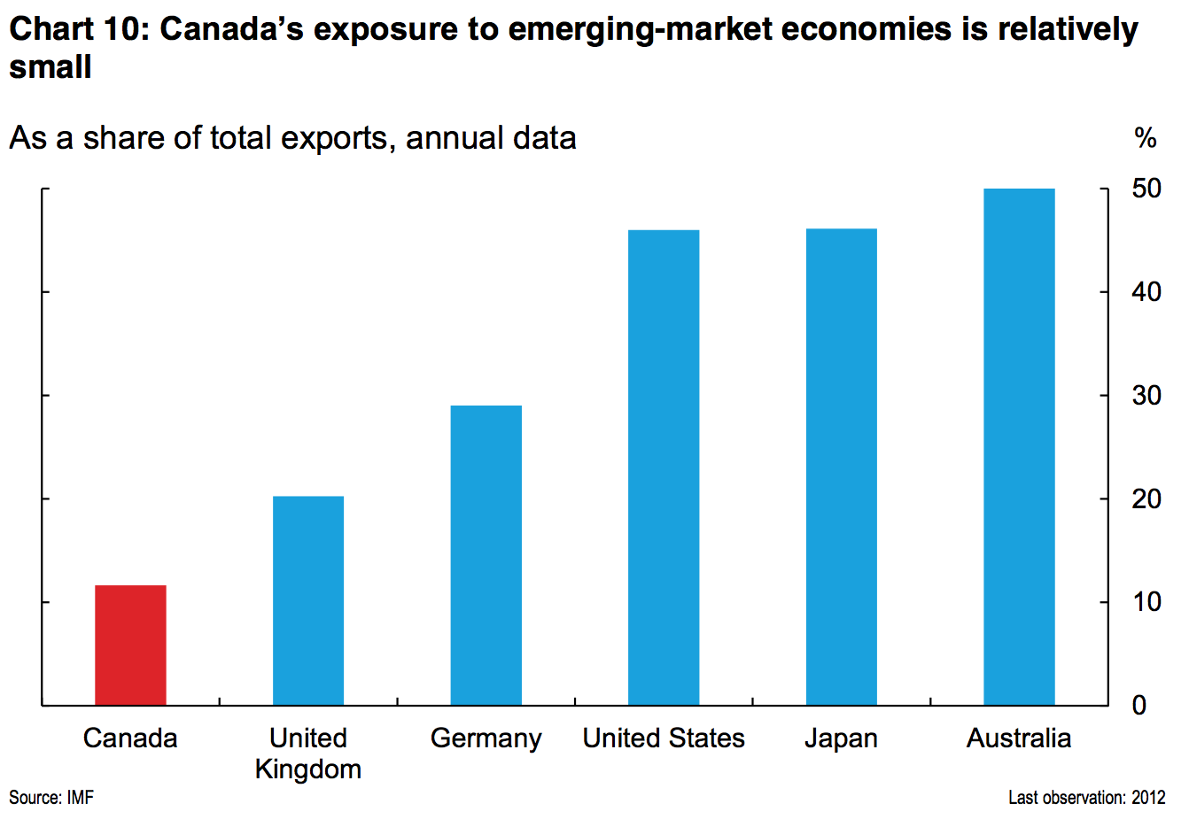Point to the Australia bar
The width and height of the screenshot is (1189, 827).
tap(1019, 446)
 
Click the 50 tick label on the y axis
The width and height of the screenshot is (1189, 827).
tap(1146, 189)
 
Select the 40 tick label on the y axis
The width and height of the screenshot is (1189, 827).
tap(1146, 292)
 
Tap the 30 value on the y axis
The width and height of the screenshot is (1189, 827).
tap(1146, 395)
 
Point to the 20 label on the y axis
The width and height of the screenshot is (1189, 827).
tap(1146, 499)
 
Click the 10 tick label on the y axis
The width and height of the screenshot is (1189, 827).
tap(1146, 602)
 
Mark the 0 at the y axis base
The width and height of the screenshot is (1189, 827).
tap(1139, 706)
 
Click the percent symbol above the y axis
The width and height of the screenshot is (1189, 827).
tap(1146, 138)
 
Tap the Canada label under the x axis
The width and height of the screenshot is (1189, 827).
tap(130, 738)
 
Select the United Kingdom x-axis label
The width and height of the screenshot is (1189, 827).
tap(307, 754)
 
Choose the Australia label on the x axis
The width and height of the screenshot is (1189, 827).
tap(1019, 738)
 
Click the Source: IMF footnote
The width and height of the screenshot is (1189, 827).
tap(51, 798)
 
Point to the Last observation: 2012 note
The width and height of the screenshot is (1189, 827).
tap(1086, 798)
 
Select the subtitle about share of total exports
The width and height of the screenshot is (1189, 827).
tap(292, 138)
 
